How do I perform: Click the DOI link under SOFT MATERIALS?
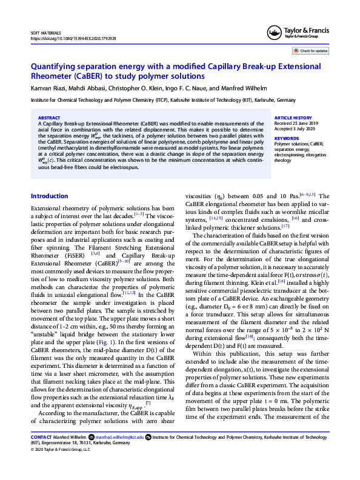[73, 38]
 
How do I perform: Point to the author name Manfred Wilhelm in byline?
[247, 89]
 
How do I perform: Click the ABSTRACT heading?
[49, 118]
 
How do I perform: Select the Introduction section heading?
[49, 196]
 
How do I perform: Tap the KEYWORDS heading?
[286, 139]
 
